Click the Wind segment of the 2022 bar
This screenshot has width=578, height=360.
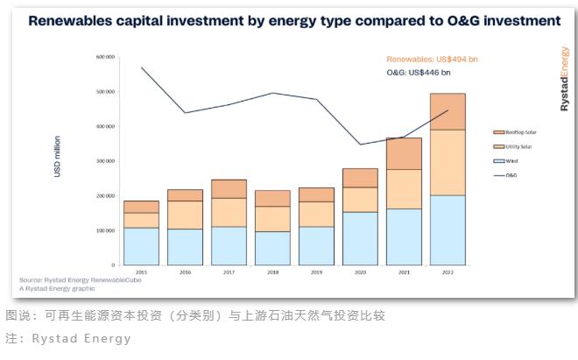[x=448, y=229]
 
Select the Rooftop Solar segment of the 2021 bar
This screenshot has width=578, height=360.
[x=404, y=153]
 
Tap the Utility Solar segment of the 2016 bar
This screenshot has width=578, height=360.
[x=185, y=215]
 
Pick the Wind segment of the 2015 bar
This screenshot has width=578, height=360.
[x=141, y=246]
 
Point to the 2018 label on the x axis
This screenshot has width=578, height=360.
[x=272, y=272]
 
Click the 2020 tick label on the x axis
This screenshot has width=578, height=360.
[x=360, y=272]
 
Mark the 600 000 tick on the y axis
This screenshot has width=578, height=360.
[x=106, y=57]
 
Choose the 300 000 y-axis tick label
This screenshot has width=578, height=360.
[x=106, y=161]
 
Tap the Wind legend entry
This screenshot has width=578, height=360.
[x=509, y=161]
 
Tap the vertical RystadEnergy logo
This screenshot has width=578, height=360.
[x=564, y=79]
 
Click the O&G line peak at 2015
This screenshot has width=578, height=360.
[x=141, y=67]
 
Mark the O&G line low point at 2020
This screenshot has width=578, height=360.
[x=360, y=145]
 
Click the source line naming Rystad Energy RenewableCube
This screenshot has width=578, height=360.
[x=85, y=279]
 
